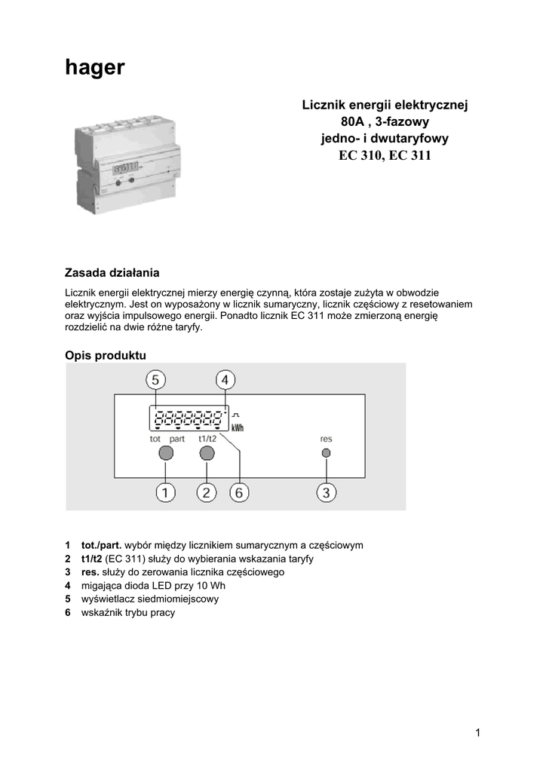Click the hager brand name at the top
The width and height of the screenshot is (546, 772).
pos(94,69)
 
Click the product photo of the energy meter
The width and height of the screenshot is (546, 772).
pos(127,167)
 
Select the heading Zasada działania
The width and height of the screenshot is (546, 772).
pos(112,272)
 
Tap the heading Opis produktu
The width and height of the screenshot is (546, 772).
pos(106,355)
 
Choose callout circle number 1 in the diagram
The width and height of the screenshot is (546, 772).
pos(166,492)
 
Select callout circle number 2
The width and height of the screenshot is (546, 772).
pos(207,492)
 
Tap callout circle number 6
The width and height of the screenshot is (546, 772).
pos(239,492)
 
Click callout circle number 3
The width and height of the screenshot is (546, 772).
pos(326,492)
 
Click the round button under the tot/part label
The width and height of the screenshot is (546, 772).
pos(166,453)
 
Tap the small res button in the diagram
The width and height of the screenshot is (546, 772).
pos(326,453)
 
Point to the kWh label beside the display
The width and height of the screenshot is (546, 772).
pos(238,427)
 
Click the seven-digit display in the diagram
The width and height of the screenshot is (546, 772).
pos(189,417)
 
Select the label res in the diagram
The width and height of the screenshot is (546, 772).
pos(326,438)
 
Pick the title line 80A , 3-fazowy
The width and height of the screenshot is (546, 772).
pos(385,122)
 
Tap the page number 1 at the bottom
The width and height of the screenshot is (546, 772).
pos(478,732)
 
